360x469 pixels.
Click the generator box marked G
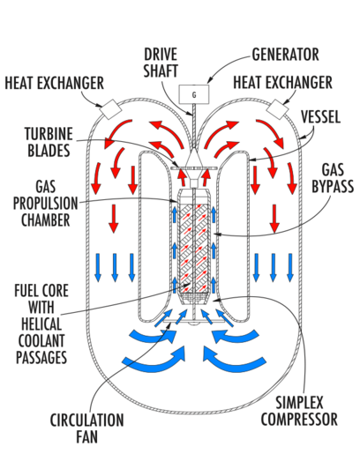(x=193, y=94)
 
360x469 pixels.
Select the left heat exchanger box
(x=110, y=109)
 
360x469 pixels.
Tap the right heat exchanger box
(x=277, y=109)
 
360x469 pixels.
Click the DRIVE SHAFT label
(x=161, y=63)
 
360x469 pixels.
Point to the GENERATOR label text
(x=286, y=55)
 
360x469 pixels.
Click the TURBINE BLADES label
(x=49, y=142)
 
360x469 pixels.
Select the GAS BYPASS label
(x=333, y=178)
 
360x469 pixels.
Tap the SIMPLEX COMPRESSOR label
(x=299, y=411)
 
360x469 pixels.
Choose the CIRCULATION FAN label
(x=86, y=428)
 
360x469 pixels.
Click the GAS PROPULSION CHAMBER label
(x=46, y=204)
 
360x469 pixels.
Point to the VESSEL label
(x=321, y=116)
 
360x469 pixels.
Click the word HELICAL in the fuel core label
(x=41, y=324)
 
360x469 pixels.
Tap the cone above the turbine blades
(x=193, y=157)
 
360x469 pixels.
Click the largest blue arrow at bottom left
(x=154, y=358)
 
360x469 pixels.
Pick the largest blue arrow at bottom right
(x=234, y=358)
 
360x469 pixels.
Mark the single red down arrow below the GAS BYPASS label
(x=274, y=219)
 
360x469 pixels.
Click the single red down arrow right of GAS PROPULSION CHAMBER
(x=113, y=219)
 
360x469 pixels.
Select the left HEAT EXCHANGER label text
(x=54, y=83)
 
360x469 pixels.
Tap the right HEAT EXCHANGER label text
(x=282, y=82)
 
